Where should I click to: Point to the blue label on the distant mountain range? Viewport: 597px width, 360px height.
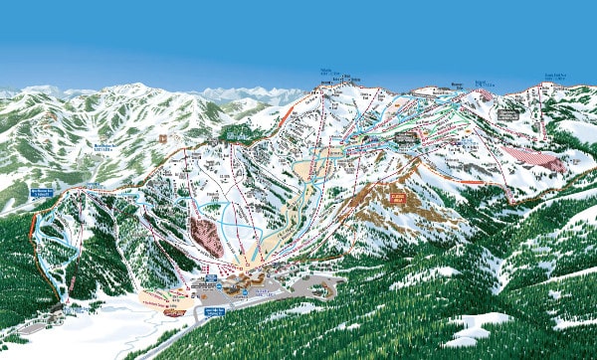tap(102, 148)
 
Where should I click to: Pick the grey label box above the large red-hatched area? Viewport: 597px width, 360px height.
tap(508, 115)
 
